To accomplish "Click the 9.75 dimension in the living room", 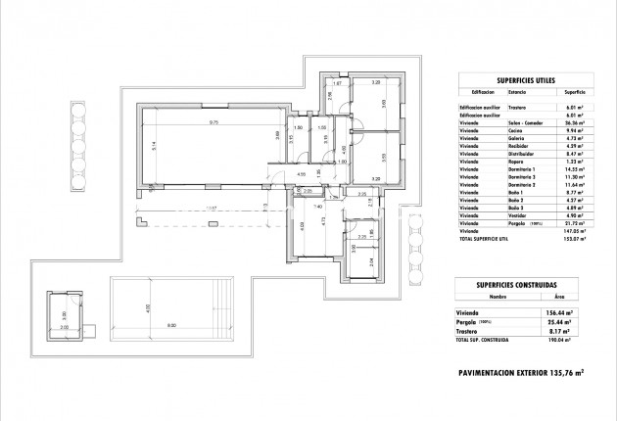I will coord(213,122).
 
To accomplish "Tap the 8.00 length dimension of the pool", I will coord(171,325).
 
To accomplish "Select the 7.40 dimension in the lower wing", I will coord(318,207).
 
